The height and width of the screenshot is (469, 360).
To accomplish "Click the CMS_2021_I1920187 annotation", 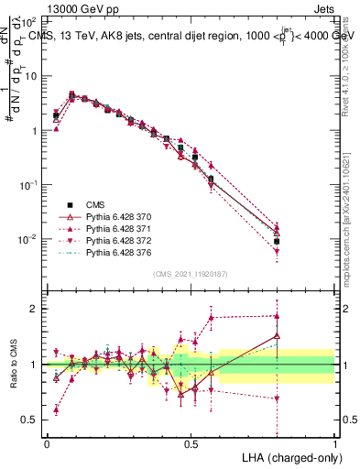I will coord(191,274).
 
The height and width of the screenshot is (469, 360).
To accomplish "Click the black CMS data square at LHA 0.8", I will coord(277,241).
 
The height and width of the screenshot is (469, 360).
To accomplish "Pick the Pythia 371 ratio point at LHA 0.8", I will coord(277,316).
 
